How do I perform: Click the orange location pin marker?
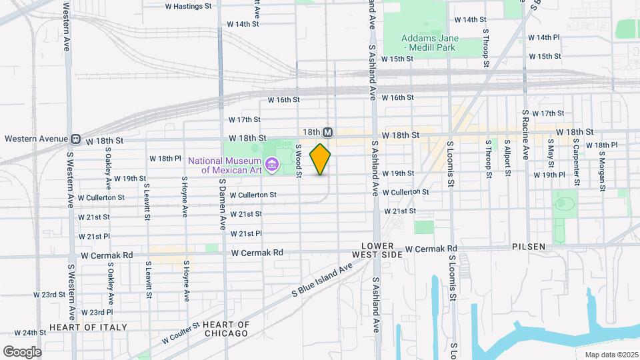(321, 159)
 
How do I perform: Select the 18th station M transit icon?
(327, 133)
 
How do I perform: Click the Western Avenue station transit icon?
(76, 139)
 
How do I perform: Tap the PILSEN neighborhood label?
(529, 247)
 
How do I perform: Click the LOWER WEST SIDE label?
(383, 251)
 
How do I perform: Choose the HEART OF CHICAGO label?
(226, 329)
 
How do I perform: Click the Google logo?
(22, 352)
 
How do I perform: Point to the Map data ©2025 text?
(611, 355)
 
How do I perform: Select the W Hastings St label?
(188, 5)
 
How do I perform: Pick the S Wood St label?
(299, 161)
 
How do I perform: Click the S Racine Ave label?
(525, 135)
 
